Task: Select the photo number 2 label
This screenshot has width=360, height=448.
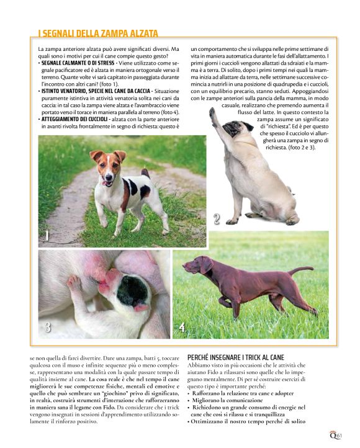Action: click(216, 218)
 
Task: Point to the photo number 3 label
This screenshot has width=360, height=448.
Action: click(47, 328)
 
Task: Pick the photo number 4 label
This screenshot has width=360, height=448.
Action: click(181, 328)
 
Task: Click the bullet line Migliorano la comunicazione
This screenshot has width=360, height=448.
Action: click(230, 400)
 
